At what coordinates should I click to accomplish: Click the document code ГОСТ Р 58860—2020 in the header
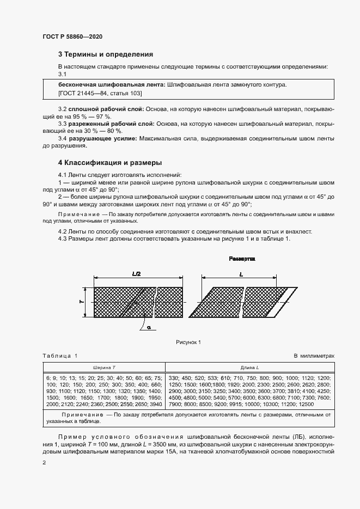(x=72, y=36)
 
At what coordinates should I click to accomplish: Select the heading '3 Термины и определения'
(x=105, y=54)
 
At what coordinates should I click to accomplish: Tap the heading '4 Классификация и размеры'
(x=110, y=163)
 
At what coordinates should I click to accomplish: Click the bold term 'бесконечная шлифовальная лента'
(x=112, y=85)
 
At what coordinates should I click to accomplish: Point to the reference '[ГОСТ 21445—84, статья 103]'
(x=97, y=94)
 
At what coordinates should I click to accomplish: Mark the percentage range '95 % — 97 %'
(x=95, y=117)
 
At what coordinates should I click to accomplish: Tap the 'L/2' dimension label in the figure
(x=137, y=275)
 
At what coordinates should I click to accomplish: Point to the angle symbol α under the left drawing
(x=148, y=328)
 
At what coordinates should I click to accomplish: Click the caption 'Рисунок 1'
(x=188, y=342)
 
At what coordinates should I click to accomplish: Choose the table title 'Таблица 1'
(x=60, y=356)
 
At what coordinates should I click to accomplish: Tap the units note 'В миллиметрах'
(x=314, y=356)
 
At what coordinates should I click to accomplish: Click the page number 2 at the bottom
(x=44, y=462)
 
